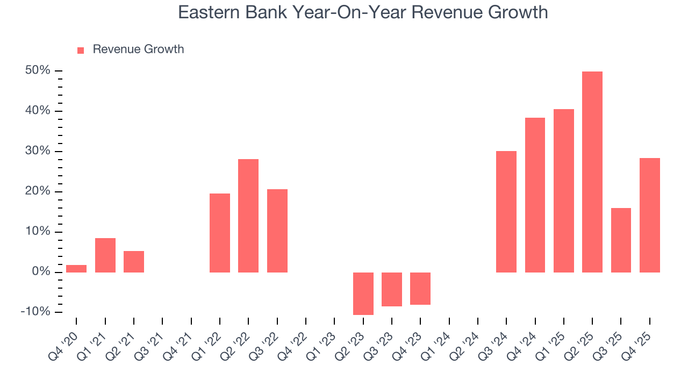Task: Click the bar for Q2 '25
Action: tap(592, 172)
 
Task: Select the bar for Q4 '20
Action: tap(76, 269)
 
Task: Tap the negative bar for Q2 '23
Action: tap(363, 293)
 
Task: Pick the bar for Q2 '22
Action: tap(248, 216)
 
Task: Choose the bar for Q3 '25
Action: tap(621, 240)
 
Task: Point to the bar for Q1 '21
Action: tap(105, 255)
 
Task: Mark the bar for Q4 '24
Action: tap(535, 195)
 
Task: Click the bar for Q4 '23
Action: tap(420, 289)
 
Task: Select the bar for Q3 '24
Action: tap(506, 212)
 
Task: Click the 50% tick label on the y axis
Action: tap(37, 71)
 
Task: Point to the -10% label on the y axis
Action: tap(35, 312)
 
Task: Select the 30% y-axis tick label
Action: tap(37, 152)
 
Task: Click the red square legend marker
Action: tap(81, 51)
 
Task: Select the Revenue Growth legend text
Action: tap(138, 49)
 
